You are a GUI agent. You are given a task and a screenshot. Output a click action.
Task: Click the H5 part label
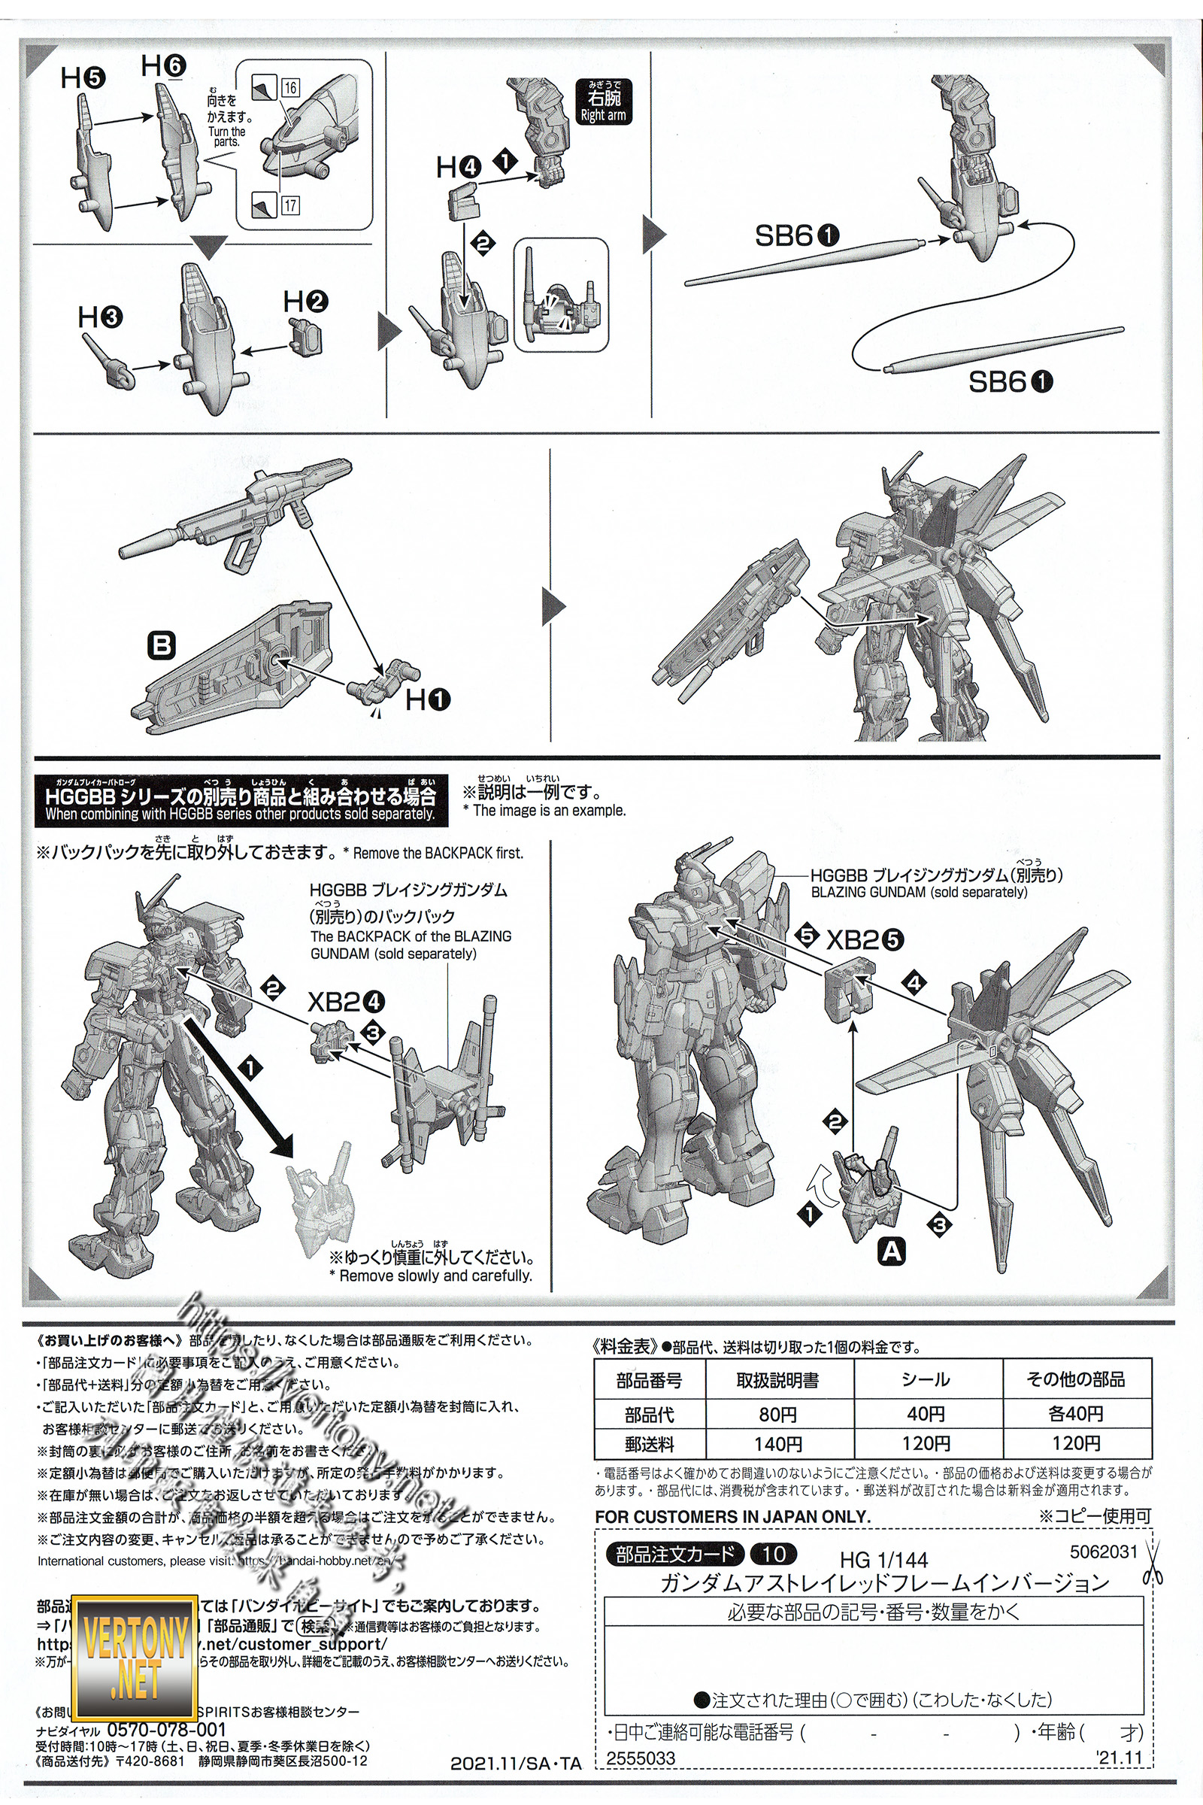tap(83, 77)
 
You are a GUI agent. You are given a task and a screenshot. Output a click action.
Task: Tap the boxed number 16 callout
tap(289, 87)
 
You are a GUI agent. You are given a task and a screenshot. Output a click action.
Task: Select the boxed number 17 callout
tap(289, 205)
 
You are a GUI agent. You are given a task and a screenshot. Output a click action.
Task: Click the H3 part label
tap(100, 317)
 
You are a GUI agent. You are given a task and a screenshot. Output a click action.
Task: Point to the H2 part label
tap(305, 302)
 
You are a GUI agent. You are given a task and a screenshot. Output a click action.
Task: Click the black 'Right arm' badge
tap(603, 102)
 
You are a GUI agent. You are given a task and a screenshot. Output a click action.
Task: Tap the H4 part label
tap(458, 166)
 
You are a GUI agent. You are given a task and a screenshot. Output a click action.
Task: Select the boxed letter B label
tap(162, 645)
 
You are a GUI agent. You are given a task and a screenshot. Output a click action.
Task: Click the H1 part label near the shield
tap(427, 699)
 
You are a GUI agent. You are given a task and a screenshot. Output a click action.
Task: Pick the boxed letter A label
tap(892, 1251)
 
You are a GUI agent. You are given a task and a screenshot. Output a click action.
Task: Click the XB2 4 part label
tap(346, 1002)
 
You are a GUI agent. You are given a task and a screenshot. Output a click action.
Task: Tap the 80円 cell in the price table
tap(777, 1414)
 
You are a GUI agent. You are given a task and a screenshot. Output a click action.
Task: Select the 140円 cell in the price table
tap(777, 1443)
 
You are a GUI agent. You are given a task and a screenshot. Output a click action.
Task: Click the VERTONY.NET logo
tap(135, 1658)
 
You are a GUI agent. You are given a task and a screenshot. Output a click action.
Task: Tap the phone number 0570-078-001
tap(166, 1729)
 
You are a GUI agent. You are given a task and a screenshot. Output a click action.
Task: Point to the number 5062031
tap(1103, 1551)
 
